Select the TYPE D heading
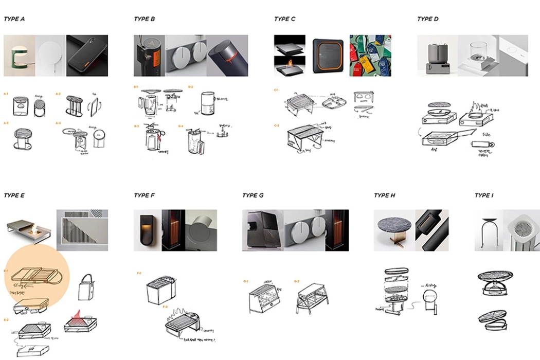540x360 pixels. click(x=428, y=19)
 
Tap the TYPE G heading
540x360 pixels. click(x=253, y=195)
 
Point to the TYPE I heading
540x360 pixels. click(x=484, y=195)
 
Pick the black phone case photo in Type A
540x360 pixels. click(x=87, y=56)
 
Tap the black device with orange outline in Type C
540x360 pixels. click(x=327, y=56)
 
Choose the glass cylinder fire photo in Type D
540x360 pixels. click(x=478, y=56)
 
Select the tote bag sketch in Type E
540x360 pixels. click(x=85, y=286)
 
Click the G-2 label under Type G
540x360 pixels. click(x=296, y=281)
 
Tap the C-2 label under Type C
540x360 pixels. click(x=277, y=125)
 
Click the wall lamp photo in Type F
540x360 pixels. click(x=147, y=230)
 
